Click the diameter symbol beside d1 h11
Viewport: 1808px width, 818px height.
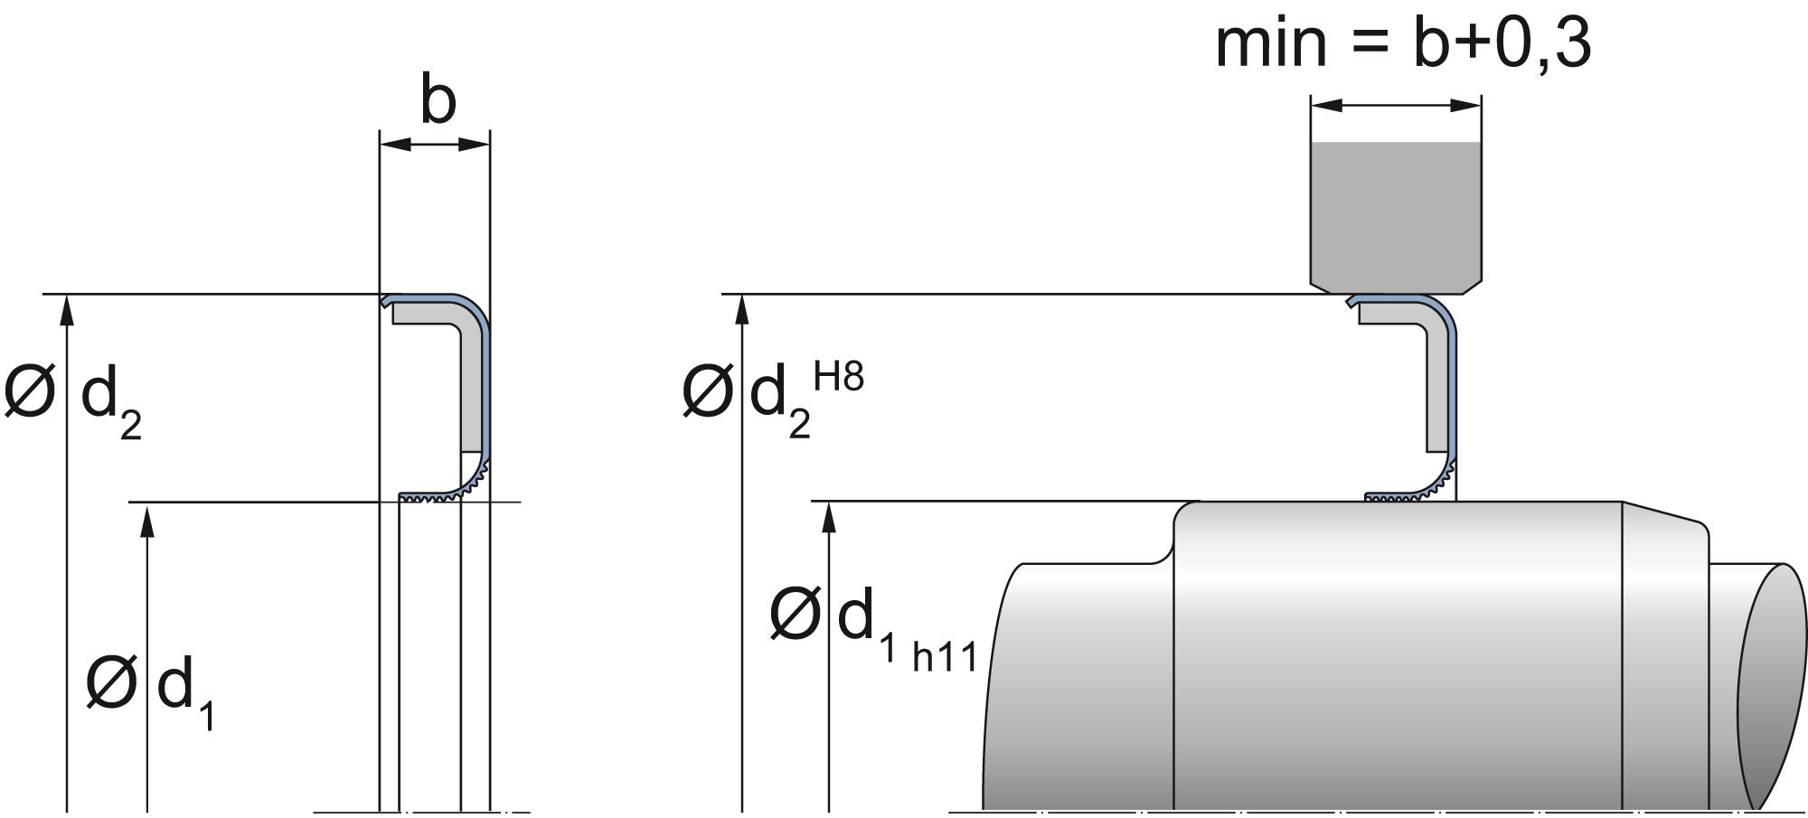[x=794, y=615]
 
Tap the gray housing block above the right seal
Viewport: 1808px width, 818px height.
[x=1396, y=217]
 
